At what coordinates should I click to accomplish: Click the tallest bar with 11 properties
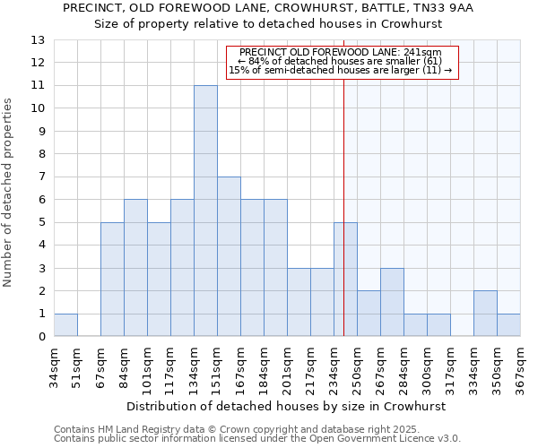click(x=205, y=211)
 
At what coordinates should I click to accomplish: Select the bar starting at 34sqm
click(x=65, y=325)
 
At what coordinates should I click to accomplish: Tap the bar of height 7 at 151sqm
click(x=229, y=256)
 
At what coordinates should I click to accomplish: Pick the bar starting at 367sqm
click(x=508, y=325)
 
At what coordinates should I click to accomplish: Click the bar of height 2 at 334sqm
click(x=485, y=314)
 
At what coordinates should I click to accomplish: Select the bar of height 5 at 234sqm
click(x=345, y=280)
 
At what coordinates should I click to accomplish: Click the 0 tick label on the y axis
click(x=41, y=337)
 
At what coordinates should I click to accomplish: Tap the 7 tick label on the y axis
click(x=41, y=177)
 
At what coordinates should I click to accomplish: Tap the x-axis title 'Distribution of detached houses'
click(x=286, y=406)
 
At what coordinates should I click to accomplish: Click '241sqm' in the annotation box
click(x=424, y=53)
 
